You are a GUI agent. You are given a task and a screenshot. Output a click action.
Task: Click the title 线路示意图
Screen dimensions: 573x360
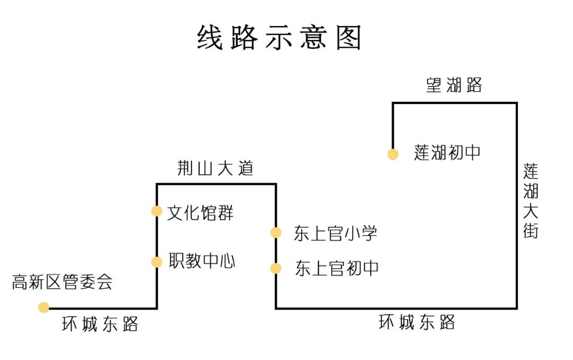coord(279,37)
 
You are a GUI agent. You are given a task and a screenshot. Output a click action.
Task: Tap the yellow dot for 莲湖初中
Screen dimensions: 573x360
coord(393,155)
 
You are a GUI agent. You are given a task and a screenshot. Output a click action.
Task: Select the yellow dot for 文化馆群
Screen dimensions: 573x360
coord(157,211)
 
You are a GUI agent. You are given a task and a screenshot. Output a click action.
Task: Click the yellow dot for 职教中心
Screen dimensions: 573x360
coord(157,262)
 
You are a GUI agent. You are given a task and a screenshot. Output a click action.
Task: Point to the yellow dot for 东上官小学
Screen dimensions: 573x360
coord(276,233)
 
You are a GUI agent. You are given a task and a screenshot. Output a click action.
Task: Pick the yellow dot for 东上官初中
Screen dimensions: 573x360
coord(276,269)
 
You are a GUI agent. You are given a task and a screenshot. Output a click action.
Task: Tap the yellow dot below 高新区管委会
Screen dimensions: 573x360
coord(44,307)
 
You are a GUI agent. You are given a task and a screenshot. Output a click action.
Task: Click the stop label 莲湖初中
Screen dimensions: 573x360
coord(447,152)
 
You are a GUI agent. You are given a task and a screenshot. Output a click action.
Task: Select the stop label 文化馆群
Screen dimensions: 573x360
coord(200,212)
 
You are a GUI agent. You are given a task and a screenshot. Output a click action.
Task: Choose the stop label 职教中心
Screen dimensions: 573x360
coord(202,261)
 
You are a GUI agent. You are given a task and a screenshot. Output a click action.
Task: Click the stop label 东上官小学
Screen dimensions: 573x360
coord(335,234)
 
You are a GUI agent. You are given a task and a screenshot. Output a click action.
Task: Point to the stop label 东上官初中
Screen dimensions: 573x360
coord(337,268)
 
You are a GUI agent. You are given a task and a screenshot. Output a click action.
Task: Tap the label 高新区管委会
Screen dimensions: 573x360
coord(62,282)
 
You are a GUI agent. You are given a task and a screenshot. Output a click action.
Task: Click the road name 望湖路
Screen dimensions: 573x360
coord(454,85)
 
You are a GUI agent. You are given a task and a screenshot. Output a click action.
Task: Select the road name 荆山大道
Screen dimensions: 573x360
coord(215,168)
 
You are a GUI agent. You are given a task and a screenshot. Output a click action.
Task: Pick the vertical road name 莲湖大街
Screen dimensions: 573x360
coord(531,201)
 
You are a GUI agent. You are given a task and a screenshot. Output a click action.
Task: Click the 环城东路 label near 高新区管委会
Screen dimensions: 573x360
coord(100,324)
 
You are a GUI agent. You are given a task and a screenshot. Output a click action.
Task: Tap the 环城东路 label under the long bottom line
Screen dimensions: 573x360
coord(417,322)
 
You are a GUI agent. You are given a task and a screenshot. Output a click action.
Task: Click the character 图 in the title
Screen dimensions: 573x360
coord(349,37)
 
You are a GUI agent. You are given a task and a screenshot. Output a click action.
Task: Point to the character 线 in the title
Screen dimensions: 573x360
coord(210,37)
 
